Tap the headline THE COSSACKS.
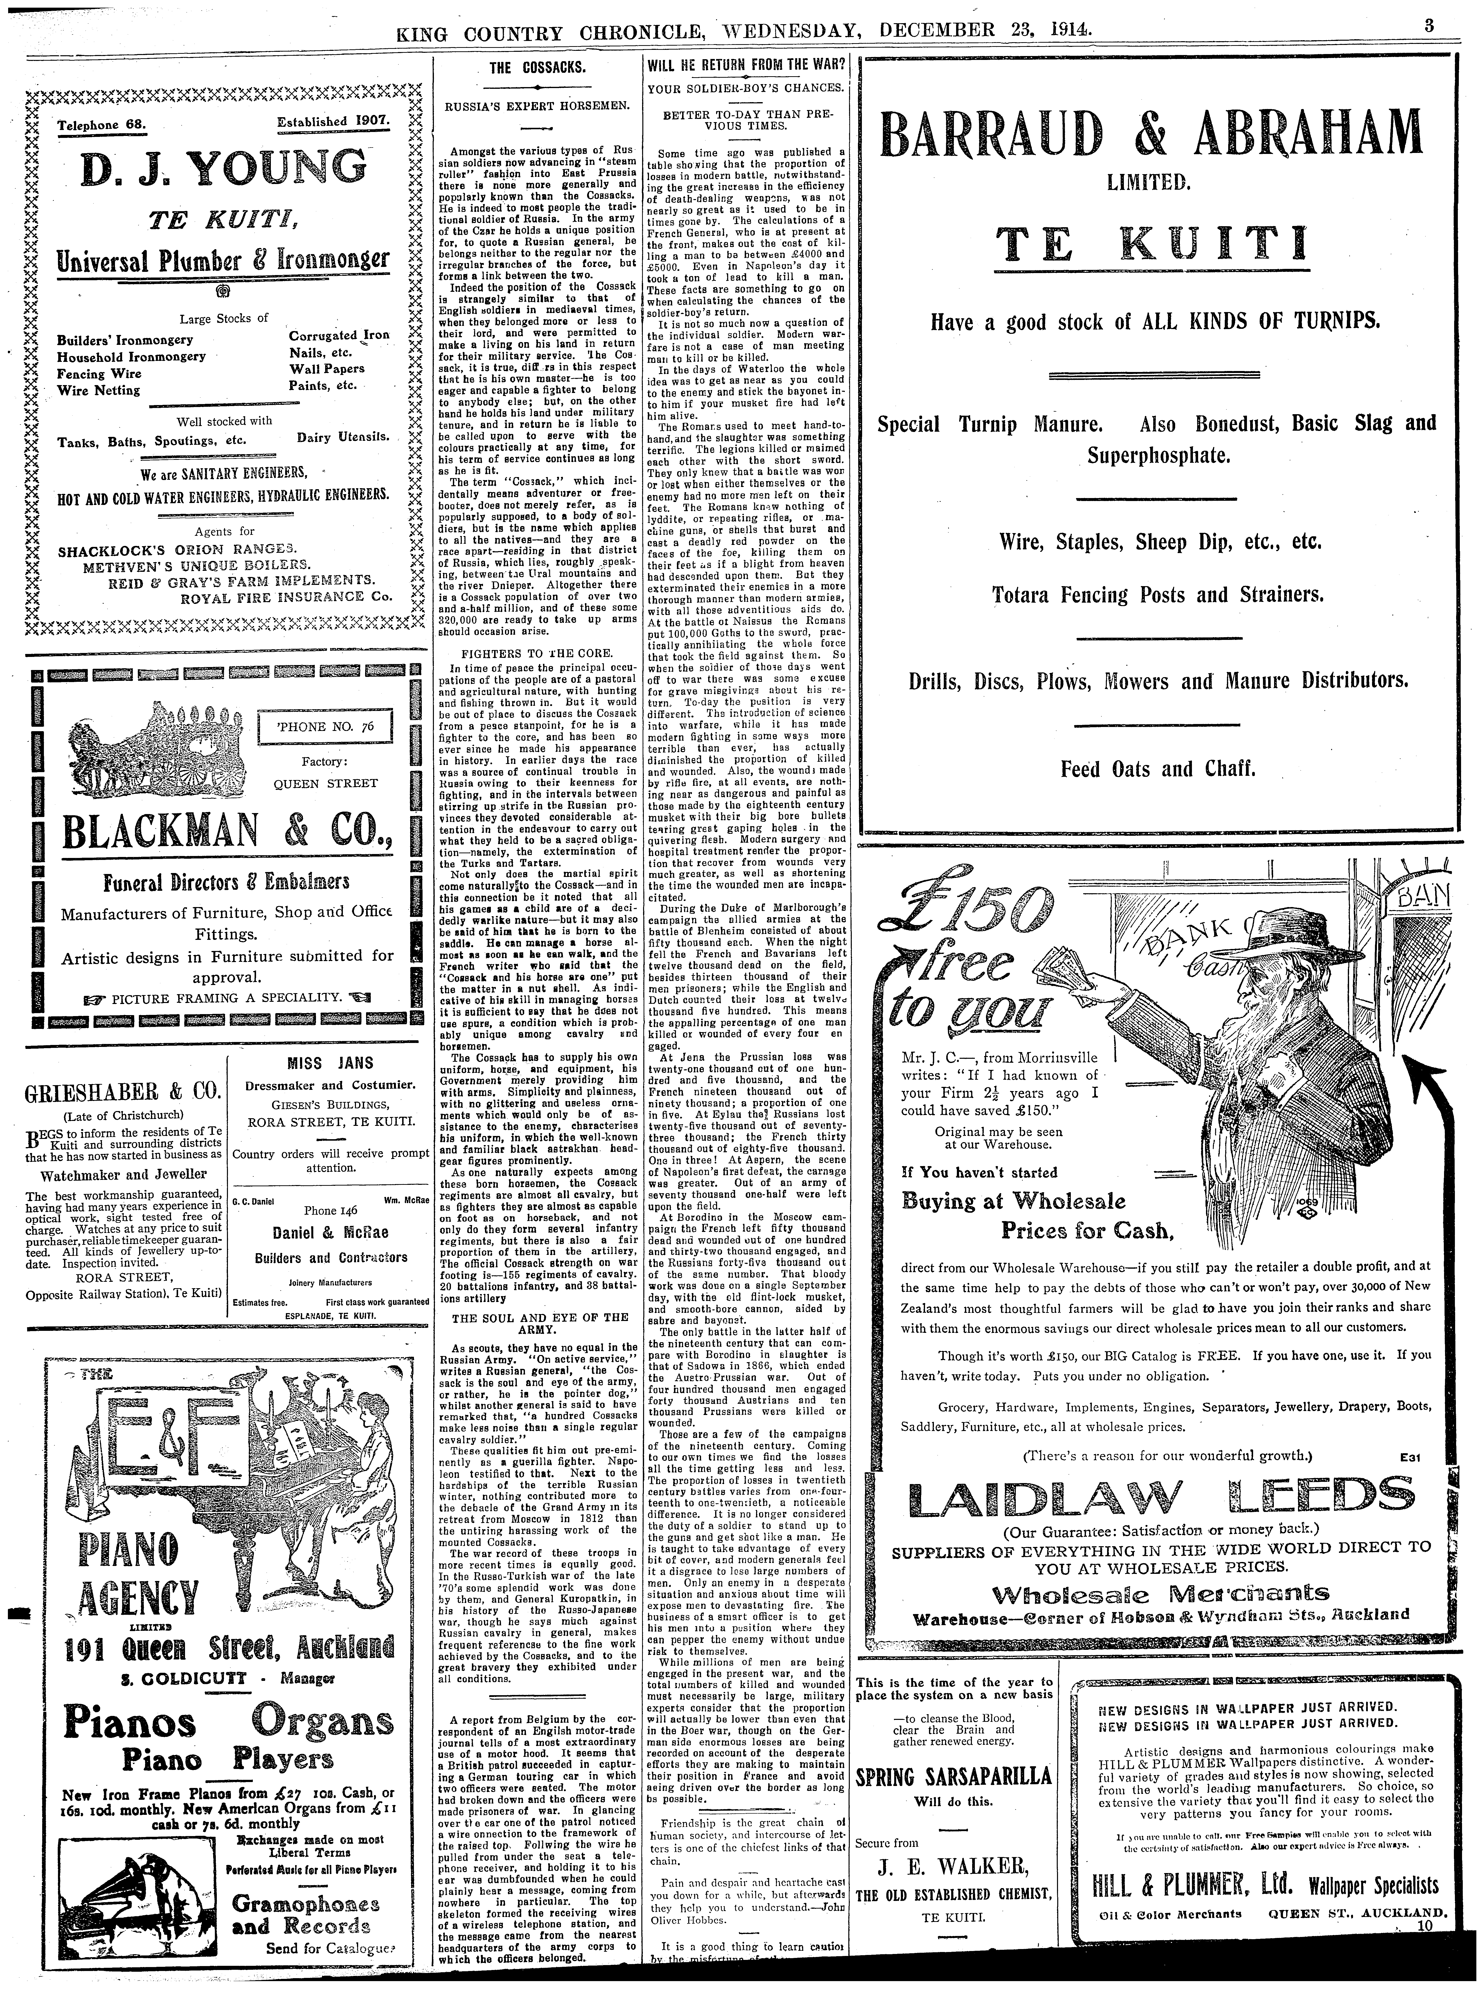[537, 67]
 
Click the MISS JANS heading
[330, 1063]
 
